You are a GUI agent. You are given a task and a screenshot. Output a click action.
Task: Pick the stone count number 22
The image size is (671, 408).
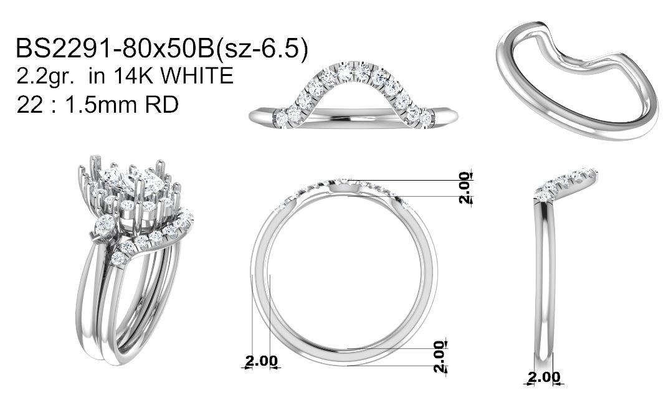30,105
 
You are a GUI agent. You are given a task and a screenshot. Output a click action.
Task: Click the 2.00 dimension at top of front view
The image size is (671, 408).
464,187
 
